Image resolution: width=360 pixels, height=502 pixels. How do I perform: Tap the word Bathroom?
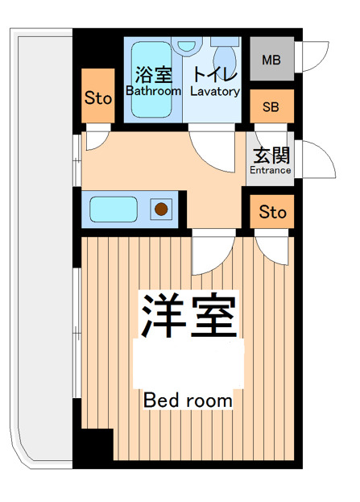coord(153,92)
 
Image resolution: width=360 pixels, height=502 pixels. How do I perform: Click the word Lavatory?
coord(215,92)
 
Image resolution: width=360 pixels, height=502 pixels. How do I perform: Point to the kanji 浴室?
coord(153,76)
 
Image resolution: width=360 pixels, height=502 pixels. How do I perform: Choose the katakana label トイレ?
coord(215,76)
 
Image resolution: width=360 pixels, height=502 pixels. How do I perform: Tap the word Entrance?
coord(271,170)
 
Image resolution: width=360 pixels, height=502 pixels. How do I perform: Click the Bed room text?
coord(188,400)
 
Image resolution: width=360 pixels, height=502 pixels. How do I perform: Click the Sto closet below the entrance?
coord(272,213)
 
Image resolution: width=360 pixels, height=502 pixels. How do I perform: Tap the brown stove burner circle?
coord(161,210)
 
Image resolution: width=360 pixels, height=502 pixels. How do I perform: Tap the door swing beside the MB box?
coord(312,58)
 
